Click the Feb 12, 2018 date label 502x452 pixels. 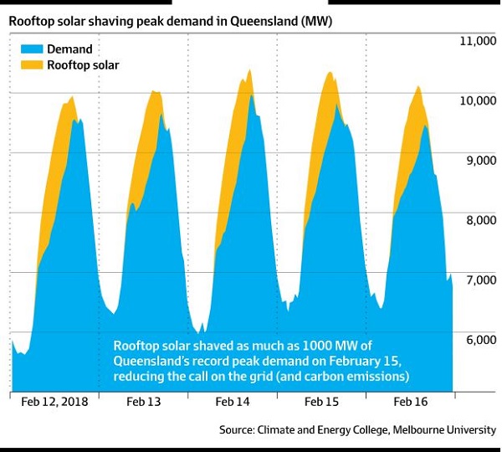[53, 403]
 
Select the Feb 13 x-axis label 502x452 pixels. [144, 403]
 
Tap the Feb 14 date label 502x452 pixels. [233, 403]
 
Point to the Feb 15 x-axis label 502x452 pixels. [321, 403]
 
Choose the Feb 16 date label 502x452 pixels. [410, 403]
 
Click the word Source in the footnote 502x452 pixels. [239, 429]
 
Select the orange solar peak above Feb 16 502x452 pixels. [418, 87]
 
